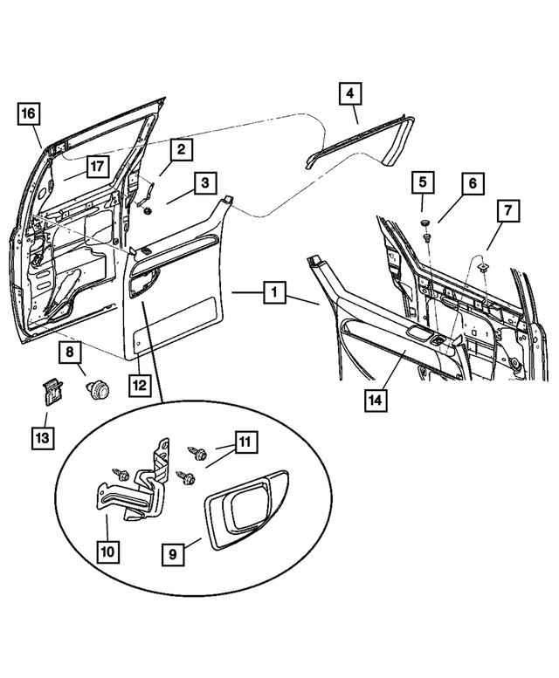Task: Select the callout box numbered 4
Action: [x=349, y=93]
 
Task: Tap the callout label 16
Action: [x=28, y=113]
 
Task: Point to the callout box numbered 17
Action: [x=96, y=167]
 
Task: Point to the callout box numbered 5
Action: [x=423, y=183]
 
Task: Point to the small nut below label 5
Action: [x=426, y=236]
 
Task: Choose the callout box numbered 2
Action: [x=181, y=149]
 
